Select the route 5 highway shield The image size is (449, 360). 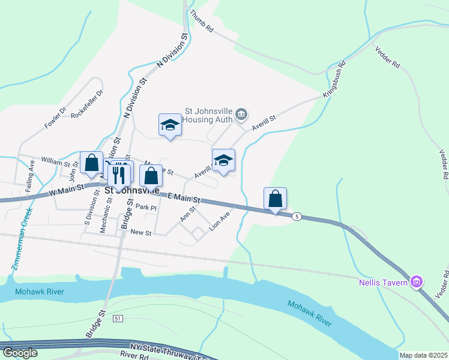[297, 216]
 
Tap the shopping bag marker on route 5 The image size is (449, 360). [275, 199]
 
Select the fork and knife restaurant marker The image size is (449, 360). [118, 174]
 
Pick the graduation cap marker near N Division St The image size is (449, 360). [170, 125]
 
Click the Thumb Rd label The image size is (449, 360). [202, 20]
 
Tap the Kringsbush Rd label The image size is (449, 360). [335, 79]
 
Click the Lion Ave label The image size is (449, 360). [220, 221]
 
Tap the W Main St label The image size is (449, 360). [66, 191]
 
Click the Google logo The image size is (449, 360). [20, 353]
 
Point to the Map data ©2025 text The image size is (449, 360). [423, 355]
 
